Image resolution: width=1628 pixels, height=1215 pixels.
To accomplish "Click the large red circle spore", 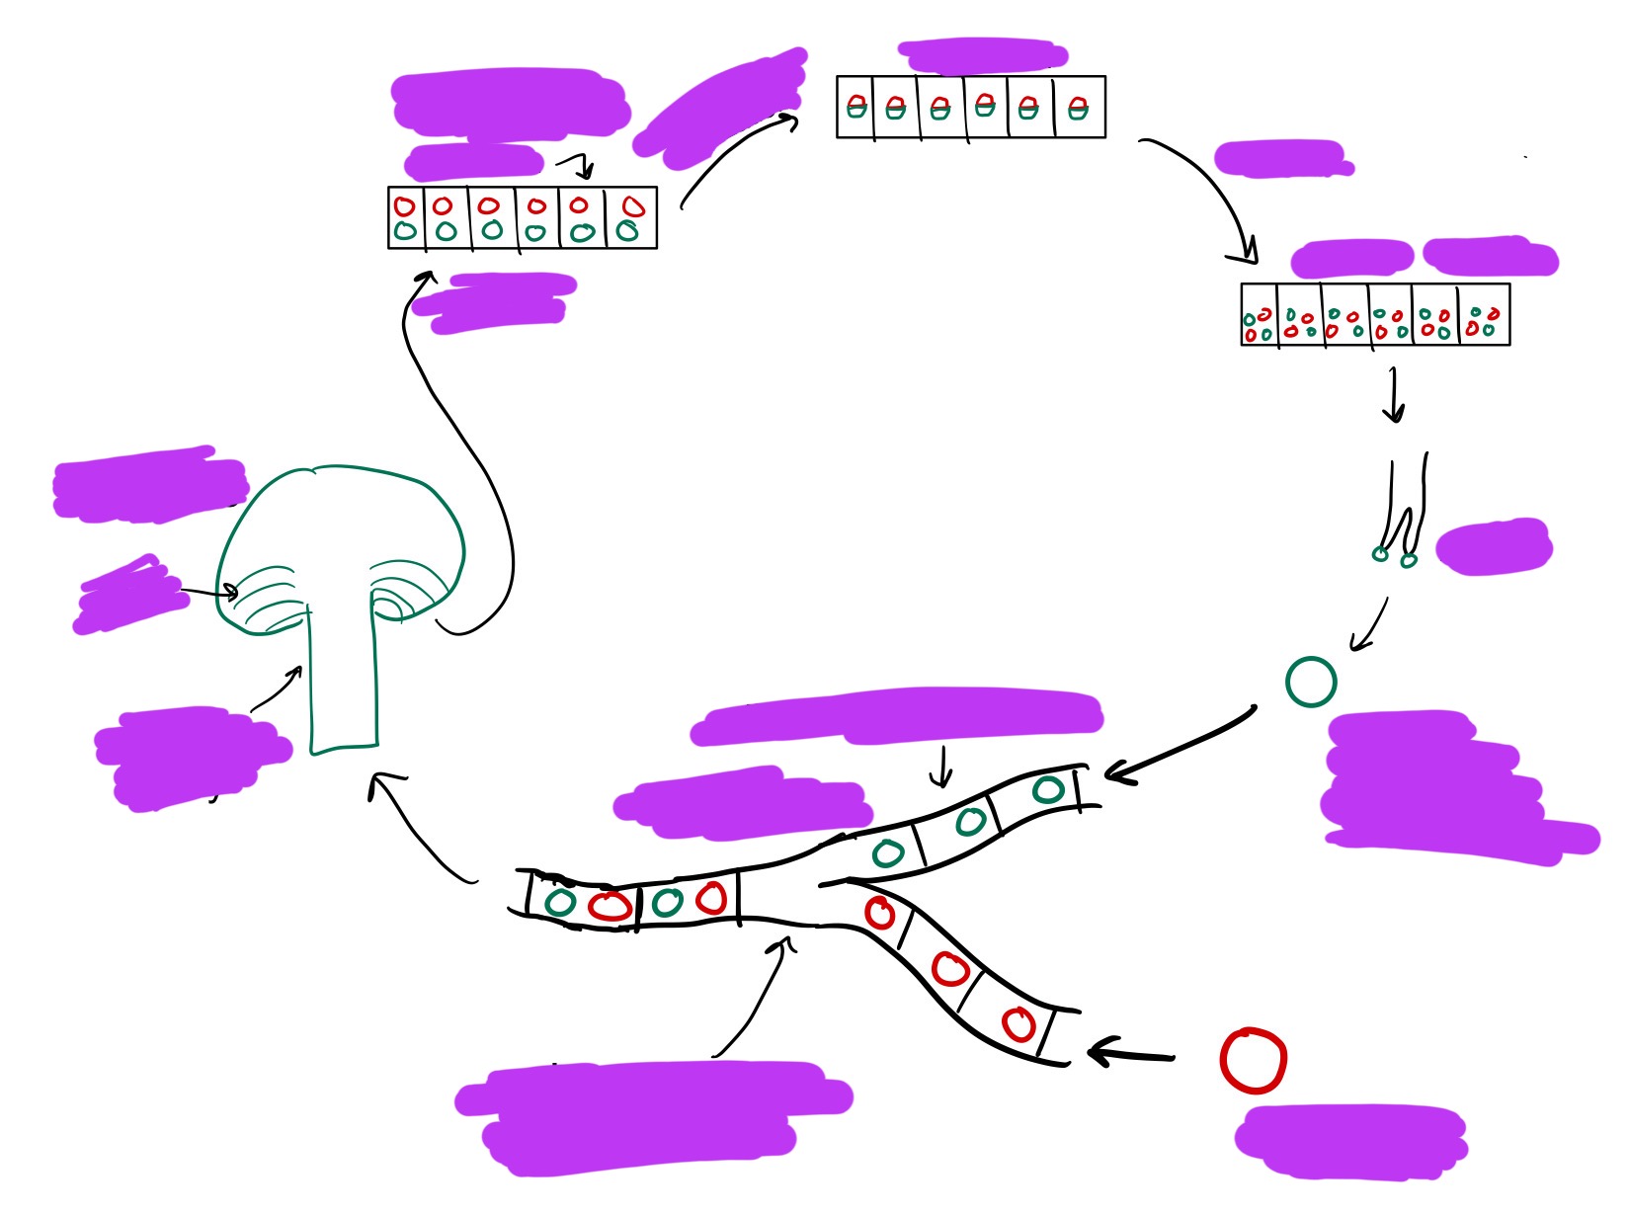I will (x=1253, y=1061).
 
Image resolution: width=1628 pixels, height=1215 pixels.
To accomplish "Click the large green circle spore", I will (x=1311, y=682).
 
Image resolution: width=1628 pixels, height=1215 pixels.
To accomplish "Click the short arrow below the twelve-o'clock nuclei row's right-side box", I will (x=1394, y=395).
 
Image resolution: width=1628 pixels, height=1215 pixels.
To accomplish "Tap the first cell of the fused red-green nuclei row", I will (x=855, y=107).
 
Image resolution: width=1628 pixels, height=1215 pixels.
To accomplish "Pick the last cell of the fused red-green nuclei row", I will (x=1079, y=107).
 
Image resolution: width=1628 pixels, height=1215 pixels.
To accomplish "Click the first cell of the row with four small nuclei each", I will (x=1259, y=315).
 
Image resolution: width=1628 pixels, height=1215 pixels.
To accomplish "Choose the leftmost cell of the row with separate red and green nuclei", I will (x=406, y=217).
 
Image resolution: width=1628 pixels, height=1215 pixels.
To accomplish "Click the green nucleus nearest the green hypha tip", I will (x=1048, y=789).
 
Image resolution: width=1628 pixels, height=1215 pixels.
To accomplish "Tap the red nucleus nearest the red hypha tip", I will (x=1019, y=1024).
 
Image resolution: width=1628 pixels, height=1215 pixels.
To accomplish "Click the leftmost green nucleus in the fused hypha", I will (x=560, y=901).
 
